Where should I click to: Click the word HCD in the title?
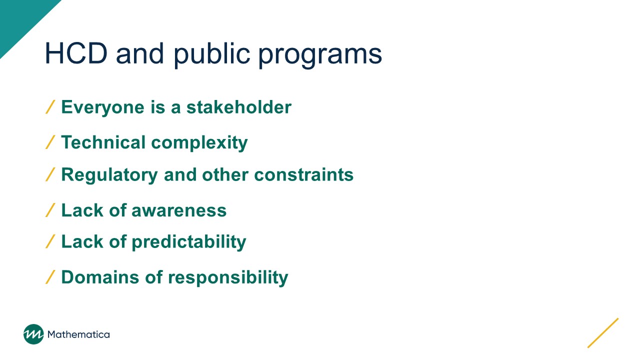[x=76, y=53]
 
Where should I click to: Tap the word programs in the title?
[x=320, y=55]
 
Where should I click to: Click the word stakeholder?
[x=239, y=107]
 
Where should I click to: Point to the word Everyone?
[x=103, y=107]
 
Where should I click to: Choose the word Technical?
[x=103, y=142]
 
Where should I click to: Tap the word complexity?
[x=199, y=143]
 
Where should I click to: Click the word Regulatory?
[x=109, y=175]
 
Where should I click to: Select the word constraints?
[x=303, y=175]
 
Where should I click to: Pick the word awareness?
[x=179, y=210]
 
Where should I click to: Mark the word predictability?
[x=189, y=242]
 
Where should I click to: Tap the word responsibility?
[x=228, y=278]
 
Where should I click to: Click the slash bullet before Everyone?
[x=50, y=107]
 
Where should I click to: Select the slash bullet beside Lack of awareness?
[x=50, y=210]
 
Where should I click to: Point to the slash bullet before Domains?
[x=50, y=277]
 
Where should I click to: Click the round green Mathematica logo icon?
[x=33, y=334]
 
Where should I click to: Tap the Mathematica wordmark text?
[x=78, y=334]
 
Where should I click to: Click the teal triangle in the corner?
[x=20, y=19]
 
